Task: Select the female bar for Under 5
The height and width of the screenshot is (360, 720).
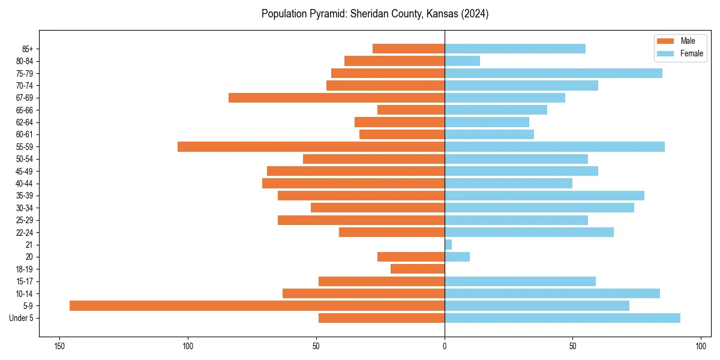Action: tap(562, 318)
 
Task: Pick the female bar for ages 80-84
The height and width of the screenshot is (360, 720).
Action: tap(462, 61)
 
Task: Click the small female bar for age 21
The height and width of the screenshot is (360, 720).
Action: tap(448, 245)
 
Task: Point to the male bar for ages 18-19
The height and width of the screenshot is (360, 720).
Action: tap(418, 269)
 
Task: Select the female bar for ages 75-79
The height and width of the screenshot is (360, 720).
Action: tap(553, 73)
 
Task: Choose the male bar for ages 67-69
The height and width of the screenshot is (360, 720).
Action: tap(337, 98)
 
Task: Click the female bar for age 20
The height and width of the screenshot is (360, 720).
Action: tap(457, 257)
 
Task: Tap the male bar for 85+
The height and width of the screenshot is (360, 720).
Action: tap(409, 49)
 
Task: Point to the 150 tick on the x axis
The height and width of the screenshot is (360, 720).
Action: tap(59, 346)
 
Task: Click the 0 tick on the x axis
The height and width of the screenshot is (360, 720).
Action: tap(445, 346)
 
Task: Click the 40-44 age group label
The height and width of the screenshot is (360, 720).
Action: tap(25, 184)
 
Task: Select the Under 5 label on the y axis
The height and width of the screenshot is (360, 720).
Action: tap(22, 318)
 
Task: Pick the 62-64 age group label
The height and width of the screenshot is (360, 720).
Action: tap(25, 122)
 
